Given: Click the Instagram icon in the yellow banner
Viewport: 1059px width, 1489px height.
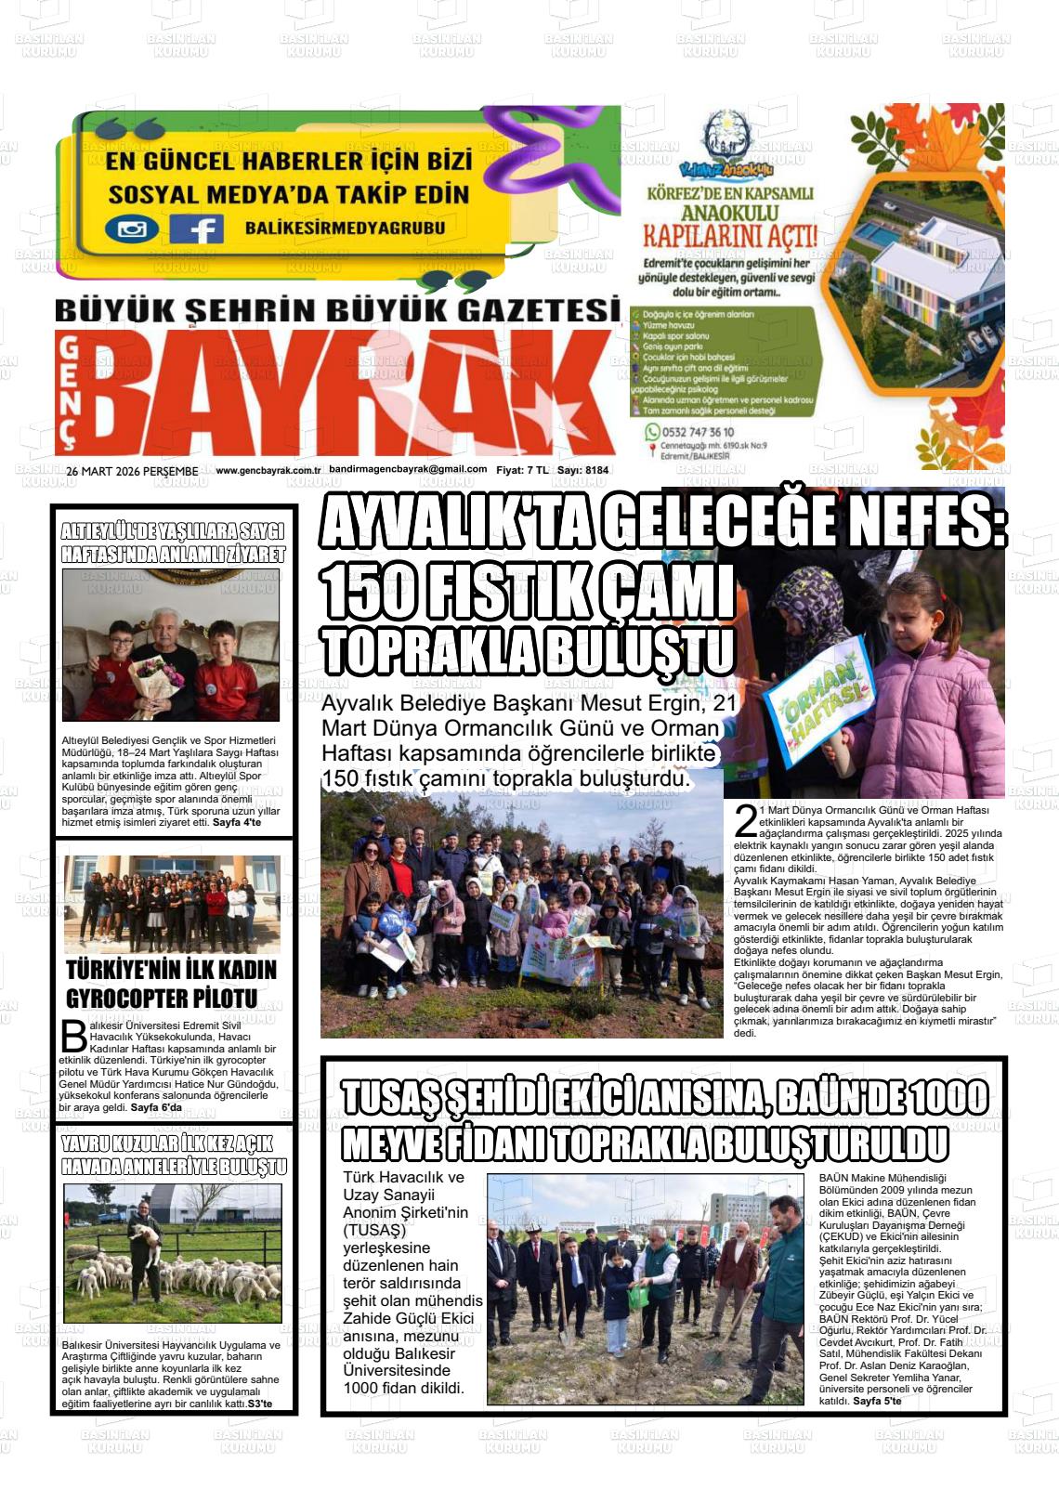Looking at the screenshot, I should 132,229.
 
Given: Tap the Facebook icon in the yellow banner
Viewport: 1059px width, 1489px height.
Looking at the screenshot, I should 197,229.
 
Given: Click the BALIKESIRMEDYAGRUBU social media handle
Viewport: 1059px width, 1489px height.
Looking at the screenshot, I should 345,228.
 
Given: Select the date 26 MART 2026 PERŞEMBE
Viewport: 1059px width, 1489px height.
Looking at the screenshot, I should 132,471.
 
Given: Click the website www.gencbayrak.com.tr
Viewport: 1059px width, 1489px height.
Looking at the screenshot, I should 268,471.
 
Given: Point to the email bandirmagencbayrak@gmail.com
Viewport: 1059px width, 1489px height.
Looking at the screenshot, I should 408,469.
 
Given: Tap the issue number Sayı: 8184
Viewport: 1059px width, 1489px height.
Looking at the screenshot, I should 582,471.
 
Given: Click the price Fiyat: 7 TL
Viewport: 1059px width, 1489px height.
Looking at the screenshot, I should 522,471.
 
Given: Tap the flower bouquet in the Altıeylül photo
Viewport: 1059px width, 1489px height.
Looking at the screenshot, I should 160,674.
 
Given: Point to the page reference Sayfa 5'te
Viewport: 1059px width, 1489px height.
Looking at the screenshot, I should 876,1401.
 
